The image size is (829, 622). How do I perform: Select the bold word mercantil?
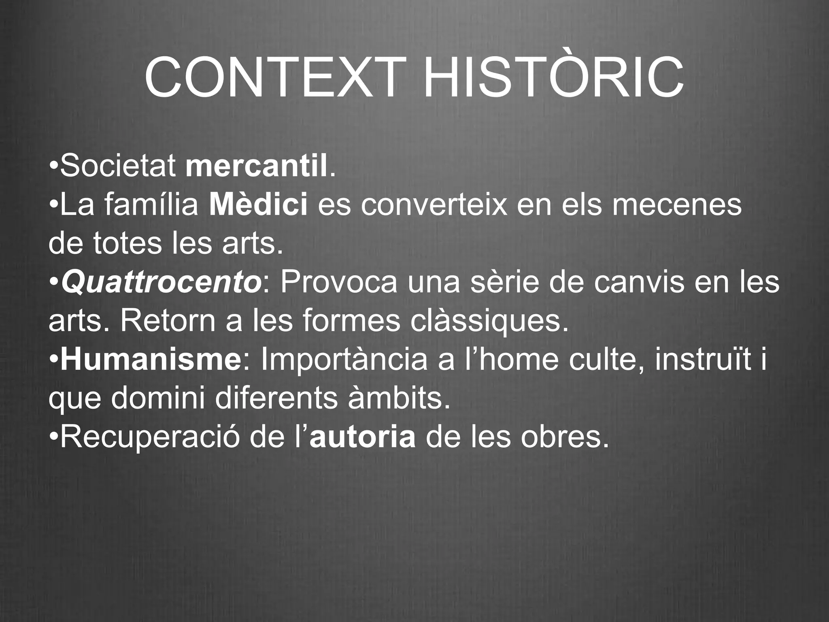pos(256,166)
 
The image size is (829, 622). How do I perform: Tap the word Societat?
pos(118,166)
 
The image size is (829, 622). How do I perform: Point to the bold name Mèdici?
pos(258,205)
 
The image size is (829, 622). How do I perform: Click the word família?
pos(151,205)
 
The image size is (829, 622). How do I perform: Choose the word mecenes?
pos(677,205)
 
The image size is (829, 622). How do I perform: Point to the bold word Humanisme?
pos(151,360)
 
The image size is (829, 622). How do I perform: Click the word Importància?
pos(344,360)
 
